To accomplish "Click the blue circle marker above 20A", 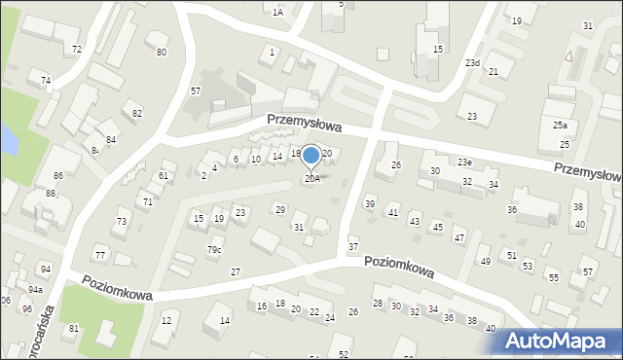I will coord(311,155).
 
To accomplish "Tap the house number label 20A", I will coord(311,178).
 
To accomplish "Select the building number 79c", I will coord(213,250).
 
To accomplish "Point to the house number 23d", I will coord(472,63).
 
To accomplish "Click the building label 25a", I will coord(560,126).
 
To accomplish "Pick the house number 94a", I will coord(35,289).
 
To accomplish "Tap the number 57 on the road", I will coord(196,90).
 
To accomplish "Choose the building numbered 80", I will coord(162,52).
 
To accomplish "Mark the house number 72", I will coord(76,49).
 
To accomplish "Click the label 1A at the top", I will coord(277,13).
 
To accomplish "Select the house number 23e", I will coord(465,162).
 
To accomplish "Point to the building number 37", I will coord(353,247).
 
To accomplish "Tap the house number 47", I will coord(458,238).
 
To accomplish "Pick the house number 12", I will coord(166,320).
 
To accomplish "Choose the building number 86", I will coord(58,176).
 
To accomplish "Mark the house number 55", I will coord(553,278).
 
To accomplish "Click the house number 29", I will coord(279,210).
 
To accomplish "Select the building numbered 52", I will coord(344,355).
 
